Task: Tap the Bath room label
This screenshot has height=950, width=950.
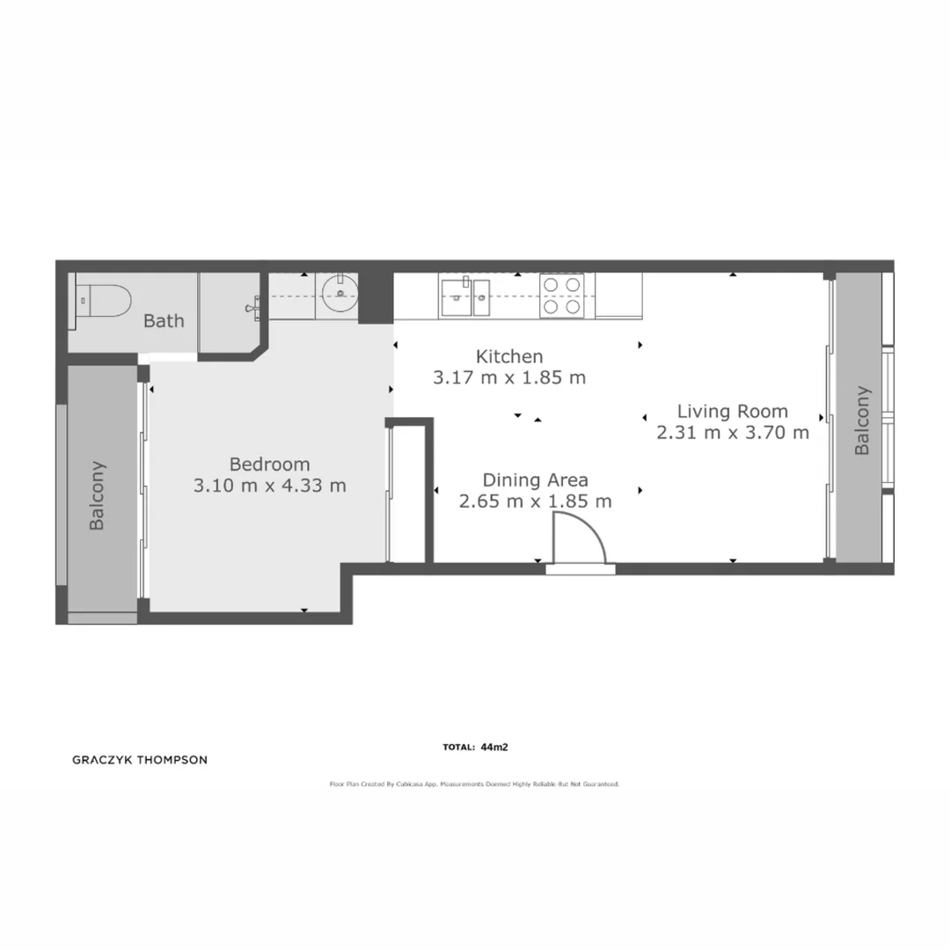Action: click(x=164, y=320)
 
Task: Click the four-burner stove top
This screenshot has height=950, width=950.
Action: click(x=561, y=296)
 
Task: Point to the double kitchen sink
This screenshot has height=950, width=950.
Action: click(x=467, y=295)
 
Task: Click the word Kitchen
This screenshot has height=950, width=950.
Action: click(x=509, y=356)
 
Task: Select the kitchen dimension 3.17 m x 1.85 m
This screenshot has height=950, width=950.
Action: click(x=509, y=378)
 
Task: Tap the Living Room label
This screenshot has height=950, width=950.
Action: click(x=732, y=411)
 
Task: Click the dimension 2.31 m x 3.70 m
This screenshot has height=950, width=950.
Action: click(x=732, y=432)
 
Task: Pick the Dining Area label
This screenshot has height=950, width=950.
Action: click(x=535, y=480)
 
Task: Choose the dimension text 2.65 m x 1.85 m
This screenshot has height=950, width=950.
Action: click(x=535, y=501)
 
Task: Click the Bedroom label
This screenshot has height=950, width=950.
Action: click(x=269, y=464)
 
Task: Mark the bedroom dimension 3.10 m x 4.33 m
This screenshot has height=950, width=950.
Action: click(x=269, y=485)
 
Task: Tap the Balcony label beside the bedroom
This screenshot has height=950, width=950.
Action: click(x=98, y=495)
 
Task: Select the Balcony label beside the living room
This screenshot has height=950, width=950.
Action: click(x=862, y=420)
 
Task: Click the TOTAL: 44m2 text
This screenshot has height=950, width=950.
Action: click(x=476, y=748)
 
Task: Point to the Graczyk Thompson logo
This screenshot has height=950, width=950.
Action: click(x=139, y=760)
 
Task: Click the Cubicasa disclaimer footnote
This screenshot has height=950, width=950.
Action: click(x=474, y=783)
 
